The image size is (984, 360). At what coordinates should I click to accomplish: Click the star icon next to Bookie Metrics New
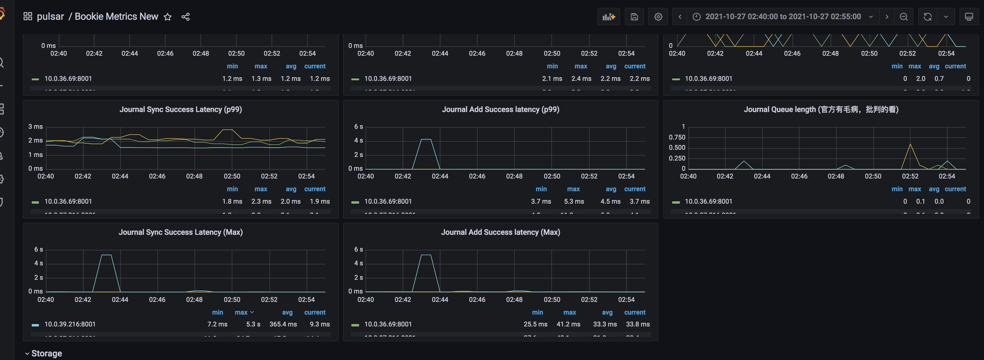tap(167, 17)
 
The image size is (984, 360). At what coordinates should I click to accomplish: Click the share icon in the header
tap(186, 17)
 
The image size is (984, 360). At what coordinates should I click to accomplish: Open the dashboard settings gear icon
tap(658, 17)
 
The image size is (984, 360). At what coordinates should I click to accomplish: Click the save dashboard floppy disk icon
tap(634, 17)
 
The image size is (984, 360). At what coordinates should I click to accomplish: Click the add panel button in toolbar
tap(608, 17)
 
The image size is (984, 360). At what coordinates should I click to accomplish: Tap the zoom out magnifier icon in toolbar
tap(903, 17)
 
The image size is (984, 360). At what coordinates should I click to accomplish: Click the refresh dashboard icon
tap(927, 17)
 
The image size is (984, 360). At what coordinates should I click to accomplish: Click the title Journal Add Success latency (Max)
tap(500, 232)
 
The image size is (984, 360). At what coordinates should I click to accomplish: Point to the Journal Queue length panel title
tap(821, 110)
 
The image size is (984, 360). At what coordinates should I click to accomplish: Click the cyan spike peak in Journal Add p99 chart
tap(426, 140)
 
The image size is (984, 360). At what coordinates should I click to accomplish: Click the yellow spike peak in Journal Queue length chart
tap(910, 144)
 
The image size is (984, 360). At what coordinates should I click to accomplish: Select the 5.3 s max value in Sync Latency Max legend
tap(253, 324)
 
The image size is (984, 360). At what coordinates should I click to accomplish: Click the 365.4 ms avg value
tap(283, 324)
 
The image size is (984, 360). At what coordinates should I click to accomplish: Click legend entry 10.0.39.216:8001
tap(70, 324)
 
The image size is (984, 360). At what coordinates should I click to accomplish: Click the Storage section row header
tap(46, 353)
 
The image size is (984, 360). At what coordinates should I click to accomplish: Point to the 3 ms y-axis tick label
tap(36, 126)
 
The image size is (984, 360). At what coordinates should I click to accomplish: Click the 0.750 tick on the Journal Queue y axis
tap(677, 137)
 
